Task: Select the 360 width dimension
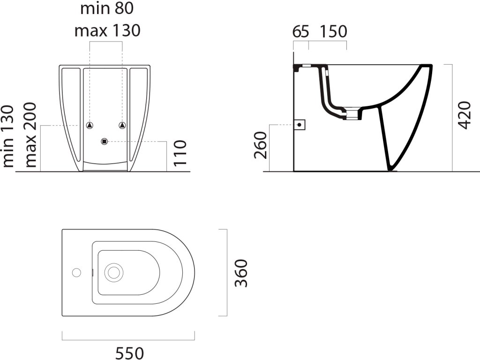tap(240, 272)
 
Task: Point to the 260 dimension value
tap(262, 145)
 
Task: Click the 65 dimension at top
tap(300, 31)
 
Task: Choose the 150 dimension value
tap(333, 31)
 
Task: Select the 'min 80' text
tap(107, 8)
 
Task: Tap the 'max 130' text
tap(107, 30)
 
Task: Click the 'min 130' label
tap(8, 136)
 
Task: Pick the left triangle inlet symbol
tap(90, 125)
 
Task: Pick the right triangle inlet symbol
tap(122, 125)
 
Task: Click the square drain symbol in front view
tap(104, 141)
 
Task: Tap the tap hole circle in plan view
tap(76, 272)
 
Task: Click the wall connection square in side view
tap(300, 125)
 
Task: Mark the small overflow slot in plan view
tap(94, 272)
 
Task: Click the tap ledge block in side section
tap(297, 67)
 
